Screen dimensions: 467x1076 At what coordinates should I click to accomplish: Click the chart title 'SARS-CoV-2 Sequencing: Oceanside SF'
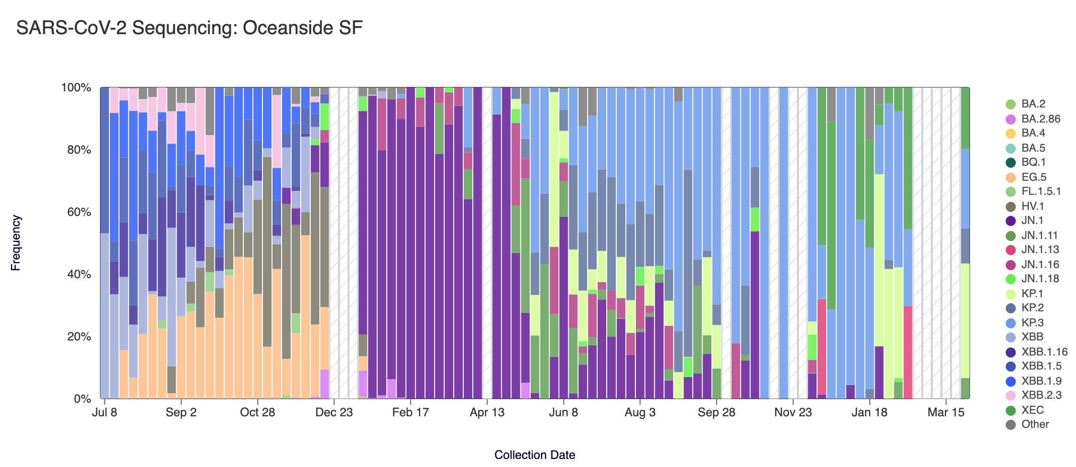pyautogui.click(x=189, y=28)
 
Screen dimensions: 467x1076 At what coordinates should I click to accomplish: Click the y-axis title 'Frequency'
pyautogui.click(x=16, y=243)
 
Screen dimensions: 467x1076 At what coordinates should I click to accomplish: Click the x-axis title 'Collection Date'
pyautogui.click(x=534, y=455)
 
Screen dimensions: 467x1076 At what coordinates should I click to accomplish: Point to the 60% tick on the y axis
pyautogui.click(x=76, y=212)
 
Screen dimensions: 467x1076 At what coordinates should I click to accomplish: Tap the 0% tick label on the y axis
pyautogui.click(x=82, y=399)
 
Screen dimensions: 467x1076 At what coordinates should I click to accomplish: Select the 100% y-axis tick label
pyautogui.click(x=76, y=88)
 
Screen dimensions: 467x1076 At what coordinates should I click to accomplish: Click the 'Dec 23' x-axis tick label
pyautogui.click(x=334, y=413)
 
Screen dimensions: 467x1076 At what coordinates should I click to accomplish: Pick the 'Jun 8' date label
pyautogui.click(x=564, y=413)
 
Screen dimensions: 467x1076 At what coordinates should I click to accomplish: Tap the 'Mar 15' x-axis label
pyautogui.click(x=946, y=413)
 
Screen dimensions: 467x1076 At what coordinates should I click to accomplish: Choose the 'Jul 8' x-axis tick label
pyautogui.click(x=105, y=413)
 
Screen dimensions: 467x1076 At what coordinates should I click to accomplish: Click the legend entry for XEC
pyautogui.click(x=1032, y=410)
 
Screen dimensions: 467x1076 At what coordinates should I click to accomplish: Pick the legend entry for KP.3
pyautogui.click(x=1032, y=323)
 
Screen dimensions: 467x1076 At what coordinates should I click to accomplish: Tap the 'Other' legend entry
pyautogui.click(x=1035, y=424)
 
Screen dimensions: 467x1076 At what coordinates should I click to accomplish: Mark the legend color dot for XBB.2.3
pyautogui.click(x=1011, y=395)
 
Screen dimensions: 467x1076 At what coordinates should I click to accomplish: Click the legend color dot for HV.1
pyautogui.click(x=1011, y=206)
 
